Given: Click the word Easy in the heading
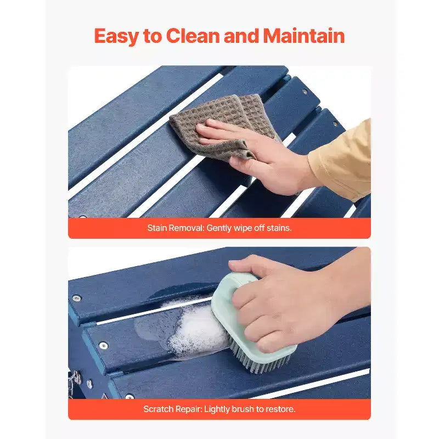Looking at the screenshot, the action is (x=116, y=36).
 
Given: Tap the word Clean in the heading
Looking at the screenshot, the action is (x=193, y=36).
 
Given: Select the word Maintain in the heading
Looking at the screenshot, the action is (x=304, y=36).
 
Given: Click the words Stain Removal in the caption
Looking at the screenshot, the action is (x=176, y=228).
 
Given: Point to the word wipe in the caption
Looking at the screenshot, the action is (x=243, y=228).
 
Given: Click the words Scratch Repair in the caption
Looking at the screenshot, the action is (x=172, y=409).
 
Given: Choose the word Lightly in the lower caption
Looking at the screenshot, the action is (x=217, y=409).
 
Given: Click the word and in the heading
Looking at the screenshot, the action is (x=242, y=36).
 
